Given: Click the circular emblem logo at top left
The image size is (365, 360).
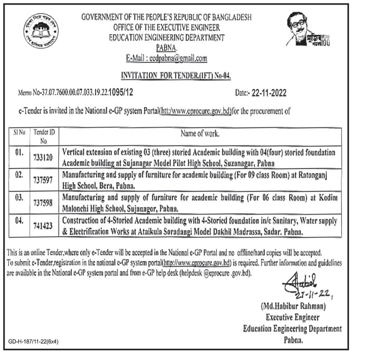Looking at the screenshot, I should tap(41, 32).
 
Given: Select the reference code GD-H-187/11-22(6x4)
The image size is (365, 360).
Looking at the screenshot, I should tap(33, 342).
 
